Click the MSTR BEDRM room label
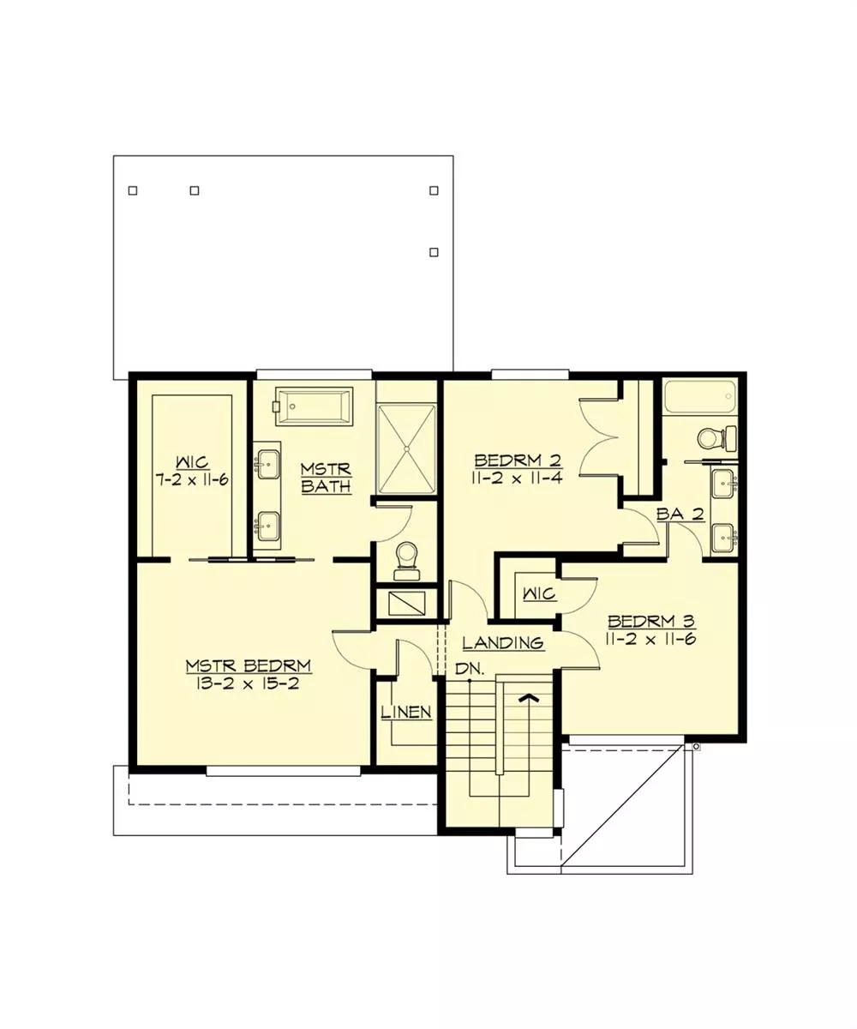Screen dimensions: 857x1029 pyautogui.click(x=249, y=665)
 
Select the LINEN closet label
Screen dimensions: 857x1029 pyautogui.click(x=407, y=712)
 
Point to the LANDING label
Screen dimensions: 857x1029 pyautogui.click(x=503, y=642)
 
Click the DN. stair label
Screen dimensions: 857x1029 pyautogui.click(x=470, y=669)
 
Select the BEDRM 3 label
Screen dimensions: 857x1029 pyautogui.click(x=651, y=621)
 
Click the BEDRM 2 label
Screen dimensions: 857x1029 pyautogui.click(x=518, y=460)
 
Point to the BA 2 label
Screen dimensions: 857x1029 pyautogui.click(x=680, y=514)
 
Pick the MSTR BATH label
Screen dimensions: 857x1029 pyautogui.click(x=326, y=477)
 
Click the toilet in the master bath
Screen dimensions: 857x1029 pyautogui.click(x=407, y=560)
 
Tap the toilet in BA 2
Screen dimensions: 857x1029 pyautogui.click(x=717, y=438)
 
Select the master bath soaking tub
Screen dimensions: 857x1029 pyautogui.click(x=315, y=406)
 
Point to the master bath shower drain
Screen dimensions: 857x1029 pyautogui.click(x=407, y=448)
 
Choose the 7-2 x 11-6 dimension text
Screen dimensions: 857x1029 pyautogui.click(x=192, y=479)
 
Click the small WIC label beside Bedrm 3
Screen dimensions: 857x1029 pyautogui.click(x=539, y=594)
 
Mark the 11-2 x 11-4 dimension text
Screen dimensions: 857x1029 pyautogui.click(x=517, y=478)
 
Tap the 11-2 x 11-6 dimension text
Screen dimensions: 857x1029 pyautogui.click(x=651, y=639)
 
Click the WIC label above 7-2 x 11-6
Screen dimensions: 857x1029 pyautogui.click(x=193, y=462)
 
